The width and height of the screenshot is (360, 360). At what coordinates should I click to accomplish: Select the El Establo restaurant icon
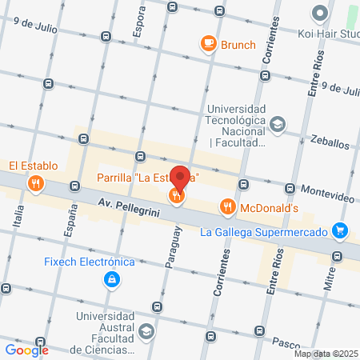(35, 185)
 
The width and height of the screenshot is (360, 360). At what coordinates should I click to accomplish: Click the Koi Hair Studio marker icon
(320, 13)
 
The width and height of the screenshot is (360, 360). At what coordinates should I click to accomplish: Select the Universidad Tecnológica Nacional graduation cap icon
(277, 124)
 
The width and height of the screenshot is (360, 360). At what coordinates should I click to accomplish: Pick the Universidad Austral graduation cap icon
(146, 330)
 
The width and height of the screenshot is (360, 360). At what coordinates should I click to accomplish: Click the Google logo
(26, 350)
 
